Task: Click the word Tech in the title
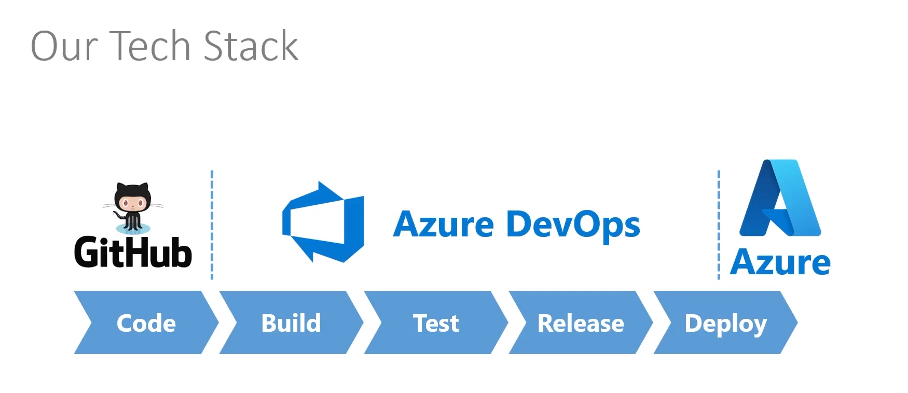coord(150,46)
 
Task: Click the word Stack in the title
coord(251,46)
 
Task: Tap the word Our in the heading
coord(64,47)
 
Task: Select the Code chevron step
coord(146,323)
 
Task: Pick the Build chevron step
coord(291,323)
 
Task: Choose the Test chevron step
coord(435,323)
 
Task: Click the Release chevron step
coord(580,323)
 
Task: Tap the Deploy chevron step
coord(725,323)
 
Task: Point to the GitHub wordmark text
coord(133,252)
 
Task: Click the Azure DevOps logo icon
coord(323,222)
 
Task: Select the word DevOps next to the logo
coord(573,225)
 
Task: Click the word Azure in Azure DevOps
coord(444,225)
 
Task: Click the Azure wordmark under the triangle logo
coord(780,262)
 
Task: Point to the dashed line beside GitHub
coord(212,225)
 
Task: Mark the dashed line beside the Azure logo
coord(719,225)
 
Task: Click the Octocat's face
coord(133,202)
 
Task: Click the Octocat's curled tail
coord(120,214)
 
